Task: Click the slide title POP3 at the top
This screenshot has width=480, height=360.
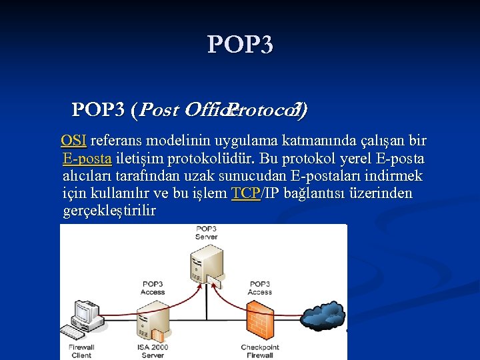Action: click(240, 45)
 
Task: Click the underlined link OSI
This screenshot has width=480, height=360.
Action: click(73, 141)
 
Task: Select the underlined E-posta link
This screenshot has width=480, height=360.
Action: click(87, 159)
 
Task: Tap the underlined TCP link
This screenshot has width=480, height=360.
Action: click(245, 194)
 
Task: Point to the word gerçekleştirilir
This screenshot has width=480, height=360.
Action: click(109, 211)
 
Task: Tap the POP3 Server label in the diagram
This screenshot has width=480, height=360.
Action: click(206, 233)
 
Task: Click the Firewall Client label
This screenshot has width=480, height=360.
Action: click(81, 351)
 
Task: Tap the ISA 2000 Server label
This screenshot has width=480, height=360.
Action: click(153, 351)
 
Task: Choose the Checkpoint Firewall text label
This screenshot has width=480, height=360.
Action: click(259, 351)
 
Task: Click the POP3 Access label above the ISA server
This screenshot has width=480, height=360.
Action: click(153, 288)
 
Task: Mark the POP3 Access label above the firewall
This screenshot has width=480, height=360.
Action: click(259, 288)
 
